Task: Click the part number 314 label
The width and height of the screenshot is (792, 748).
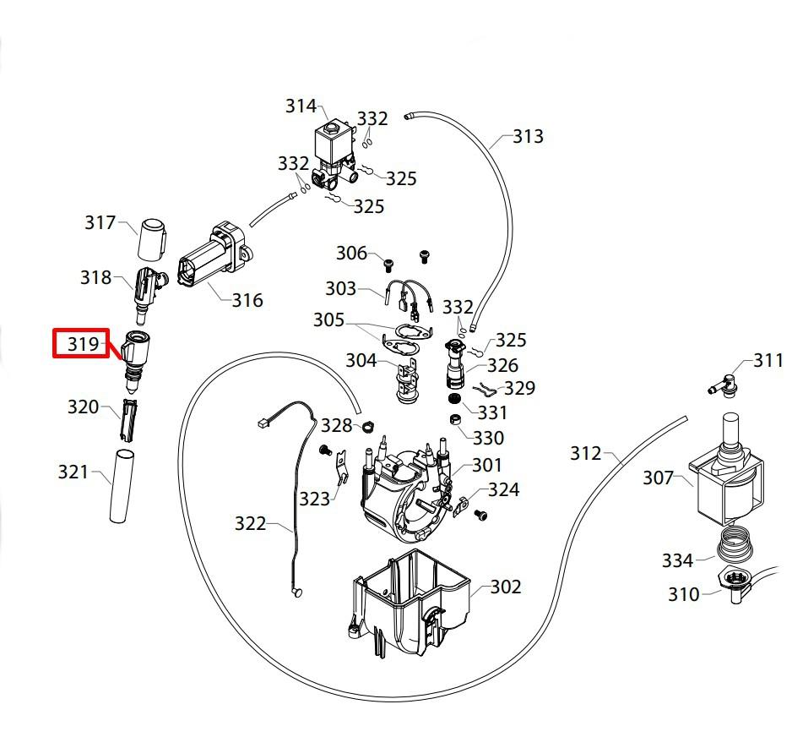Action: point(301,106)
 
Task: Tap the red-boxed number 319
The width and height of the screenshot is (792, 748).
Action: point(83,344)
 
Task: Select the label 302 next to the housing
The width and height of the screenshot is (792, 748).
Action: point(506,587)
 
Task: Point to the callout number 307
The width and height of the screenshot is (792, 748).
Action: point(659,478)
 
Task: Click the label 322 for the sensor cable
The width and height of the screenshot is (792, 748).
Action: point(251,524)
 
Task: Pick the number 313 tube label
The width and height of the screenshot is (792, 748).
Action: point(529,136)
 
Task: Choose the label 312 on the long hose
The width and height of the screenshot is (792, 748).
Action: point(586,454)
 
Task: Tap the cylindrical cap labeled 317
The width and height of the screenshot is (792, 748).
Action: point(153,238)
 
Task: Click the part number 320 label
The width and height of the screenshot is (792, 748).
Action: point(84,407)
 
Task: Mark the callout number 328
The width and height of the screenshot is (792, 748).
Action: point(337,425)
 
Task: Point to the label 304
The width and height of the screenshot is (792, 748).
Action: point(361,361)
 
